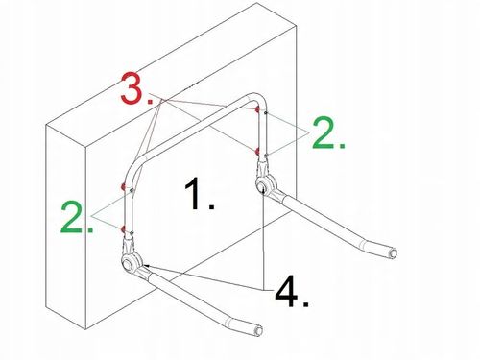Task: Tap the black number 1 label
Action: point(199,194)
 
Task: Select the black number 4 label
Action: point(292,292)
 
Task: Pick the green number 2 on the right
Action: point(328,132)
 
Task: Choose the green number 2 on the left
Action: point(77,217)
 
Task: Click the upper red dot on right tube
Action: point(256,109)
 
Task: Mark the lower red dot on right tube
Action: point(257,152)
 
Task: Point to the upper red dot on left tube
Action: point(123,186)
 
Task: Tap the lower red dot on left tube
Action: point(123,228)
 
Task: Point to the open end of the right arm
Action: point(393,253)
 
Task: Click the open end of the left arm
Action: point(258,331)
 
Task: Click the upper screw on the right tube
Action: point(266,112)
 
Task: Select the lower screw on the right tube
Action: point(266,156)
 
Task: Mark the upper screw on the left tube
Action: point(132,190)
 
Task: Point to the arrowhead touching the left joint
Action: point(147,266)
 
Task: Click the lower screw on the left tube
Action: point(132,232)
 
